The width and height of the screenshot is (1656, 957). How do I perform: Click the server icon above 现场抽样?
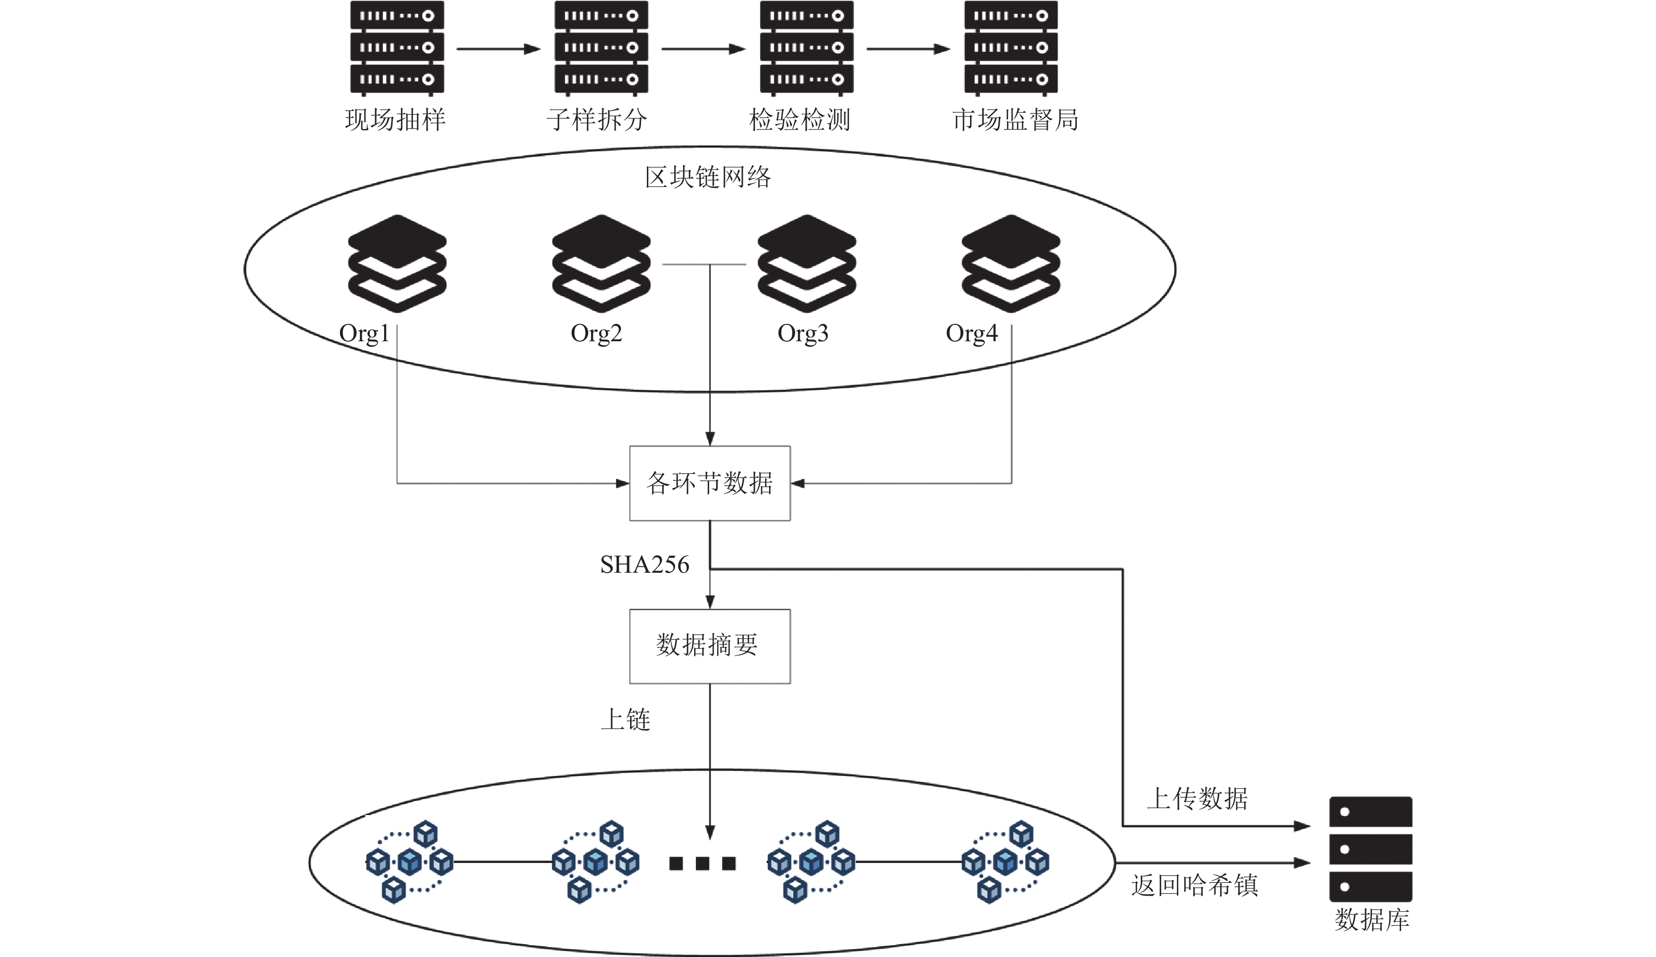(397, 48)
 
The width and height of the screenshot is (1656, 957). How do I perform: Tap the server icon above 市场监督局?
(1011, 48)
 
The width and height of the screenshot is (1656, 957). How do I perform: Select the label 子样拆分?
(597, 120)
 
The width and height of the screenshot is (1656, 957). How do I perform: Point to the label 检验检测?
(800, 120)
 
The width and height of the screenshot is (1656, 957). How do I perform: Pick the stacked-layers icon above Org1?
(397, 264)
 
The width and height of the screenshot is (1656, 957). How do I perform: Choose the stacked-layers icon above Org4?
(1011, 264)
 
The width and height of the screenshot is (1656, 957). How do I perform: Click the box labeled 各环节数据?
(710, 483)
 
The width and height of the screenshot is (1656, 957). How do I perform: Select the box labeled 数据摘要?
(710, 646)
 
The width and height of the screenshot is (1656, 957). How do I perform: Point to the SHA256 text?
(645, 565)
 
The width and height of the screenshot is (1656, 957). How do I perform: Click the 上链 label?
(626, 720)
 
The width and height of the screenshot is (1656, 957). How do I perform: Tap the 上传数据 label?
(1197, 799)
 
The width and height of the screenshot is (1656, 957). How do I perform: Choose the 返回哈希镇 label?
(1195, 885)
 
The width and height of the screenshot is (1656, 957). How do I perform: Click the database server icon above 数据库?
(1371, 849)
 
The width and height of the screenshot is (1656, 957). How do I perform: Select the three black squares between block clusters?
(702, 863)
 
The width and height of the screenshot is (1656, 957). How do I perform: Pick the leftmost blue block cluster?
(409, 862)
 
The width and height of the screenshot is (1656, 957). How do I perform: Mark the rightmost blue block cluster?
(1005, 862)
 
